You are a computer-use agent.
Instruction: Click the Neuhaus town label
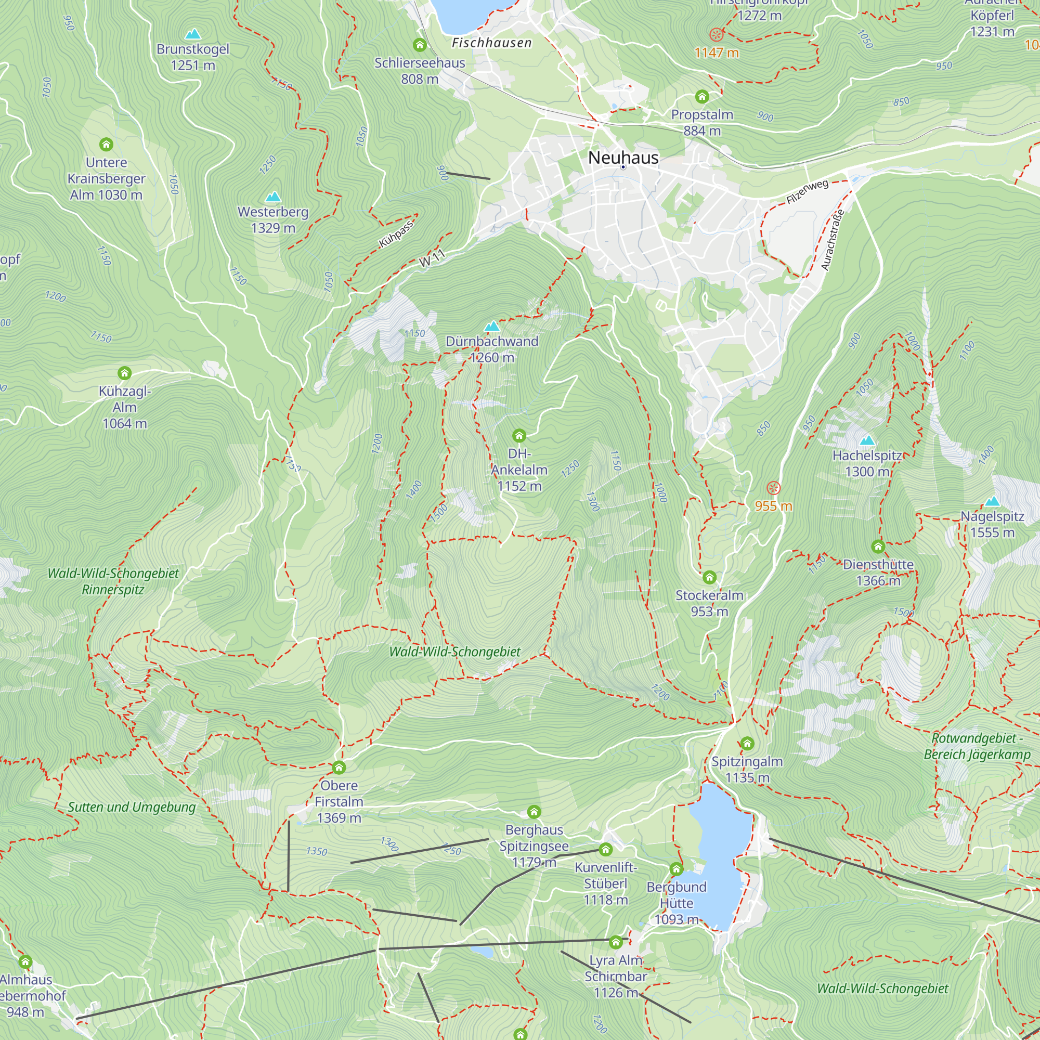tap(623, 158)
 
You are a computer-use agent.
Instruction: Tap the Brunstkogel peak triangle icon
tap(193, 34)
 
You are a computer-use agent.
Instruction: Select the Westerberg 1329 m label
tap(273, 219)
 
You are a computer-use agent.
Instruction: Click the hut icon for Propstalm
tap(701, 96)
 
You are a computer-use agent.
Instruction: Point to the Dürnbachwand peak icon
tap(491, 326)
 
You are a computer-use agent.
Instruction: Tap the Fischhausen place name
tap(491, 43)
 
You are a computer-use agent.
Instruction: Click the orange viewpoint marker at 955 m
tap(773, 488)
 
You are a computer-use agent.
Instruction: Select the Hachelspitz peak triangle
tap(867, 440)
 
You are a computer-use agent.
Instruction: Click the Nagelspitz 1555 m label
tap(992, 524)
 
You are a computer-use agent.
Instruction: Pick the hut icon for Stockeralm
tap(709, 578)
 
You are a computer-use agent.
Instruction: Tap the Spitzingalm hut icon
tap(747, 744)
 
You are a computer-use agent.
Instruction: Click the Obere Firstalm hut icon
tap(339, 767)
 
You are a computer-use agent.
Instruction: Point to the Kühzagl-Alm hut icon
tap(124, 373)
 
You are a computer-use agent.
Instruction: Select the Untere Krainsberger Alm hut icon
tap(106, 144)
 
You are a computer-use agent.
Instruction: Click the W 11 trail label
tap(432, 258)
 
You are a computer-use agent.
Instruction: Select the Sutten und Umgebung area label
tap(132, 807)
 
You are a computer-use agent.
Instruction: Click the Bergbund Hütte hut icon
tap(676, 869)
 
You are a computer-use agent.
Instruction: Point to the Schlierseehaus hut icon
tap(419, 45)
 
